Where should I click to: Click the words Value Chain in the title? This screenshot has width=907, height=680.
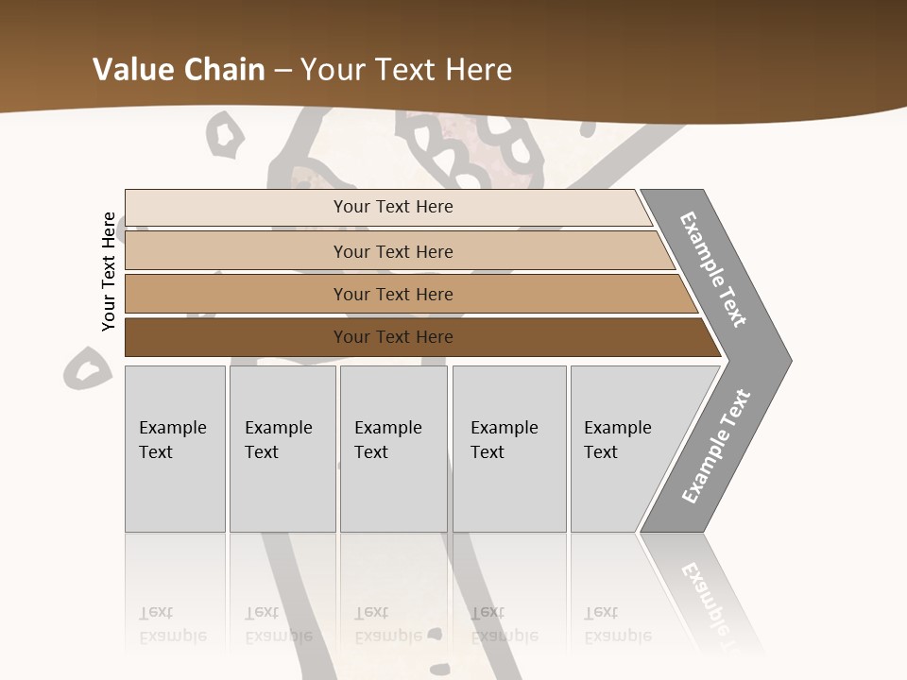179,70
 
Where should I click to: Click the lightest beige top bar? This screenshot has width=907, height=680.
236,208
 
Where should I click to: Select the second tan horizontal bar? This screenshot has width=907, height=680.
236,251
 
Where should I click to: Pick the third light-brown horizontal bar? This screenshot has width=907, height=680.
236,295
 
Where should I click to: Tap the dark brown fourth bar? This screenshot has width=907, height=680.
236,337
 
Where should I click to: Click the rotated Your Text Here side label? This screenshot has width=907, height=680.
109,271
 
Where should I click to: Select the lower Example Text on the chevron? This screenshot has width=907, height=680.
716,447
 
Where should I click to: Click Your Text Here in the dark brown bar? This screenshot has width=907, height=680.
393,337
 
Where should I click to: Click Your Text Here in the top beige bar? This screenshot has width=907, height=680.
393,207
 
